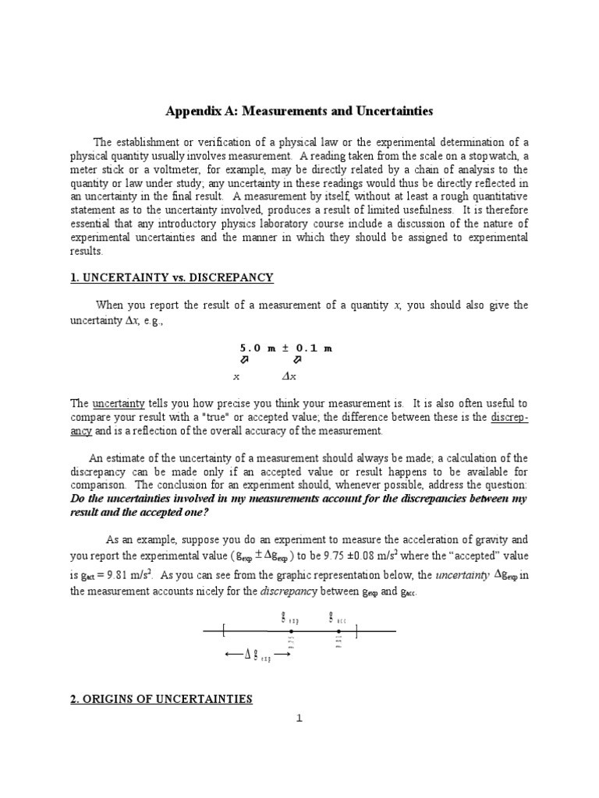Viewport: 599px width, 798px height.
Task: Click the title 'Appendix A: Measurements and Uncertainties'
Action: tap(299, 111)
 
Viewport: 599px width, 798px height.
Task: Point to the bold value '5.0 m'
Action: tap(253, 348)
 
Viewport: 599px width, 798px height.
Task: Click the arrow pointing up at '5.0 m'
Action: tap(244, 362)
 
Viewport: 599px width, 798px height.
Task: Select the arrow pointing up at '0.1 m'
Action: tap(297, 362)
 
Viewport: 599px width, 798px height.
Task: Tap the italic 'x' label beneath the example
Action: tap(236, 376)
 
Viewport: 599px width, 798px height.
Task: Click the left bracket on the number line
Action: tap(224, 631)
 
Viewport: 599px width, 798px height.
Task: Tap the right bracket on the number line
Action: tap(356, 631)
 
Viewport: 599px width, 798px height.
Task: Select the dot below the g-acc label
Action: tap(338, 631)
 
